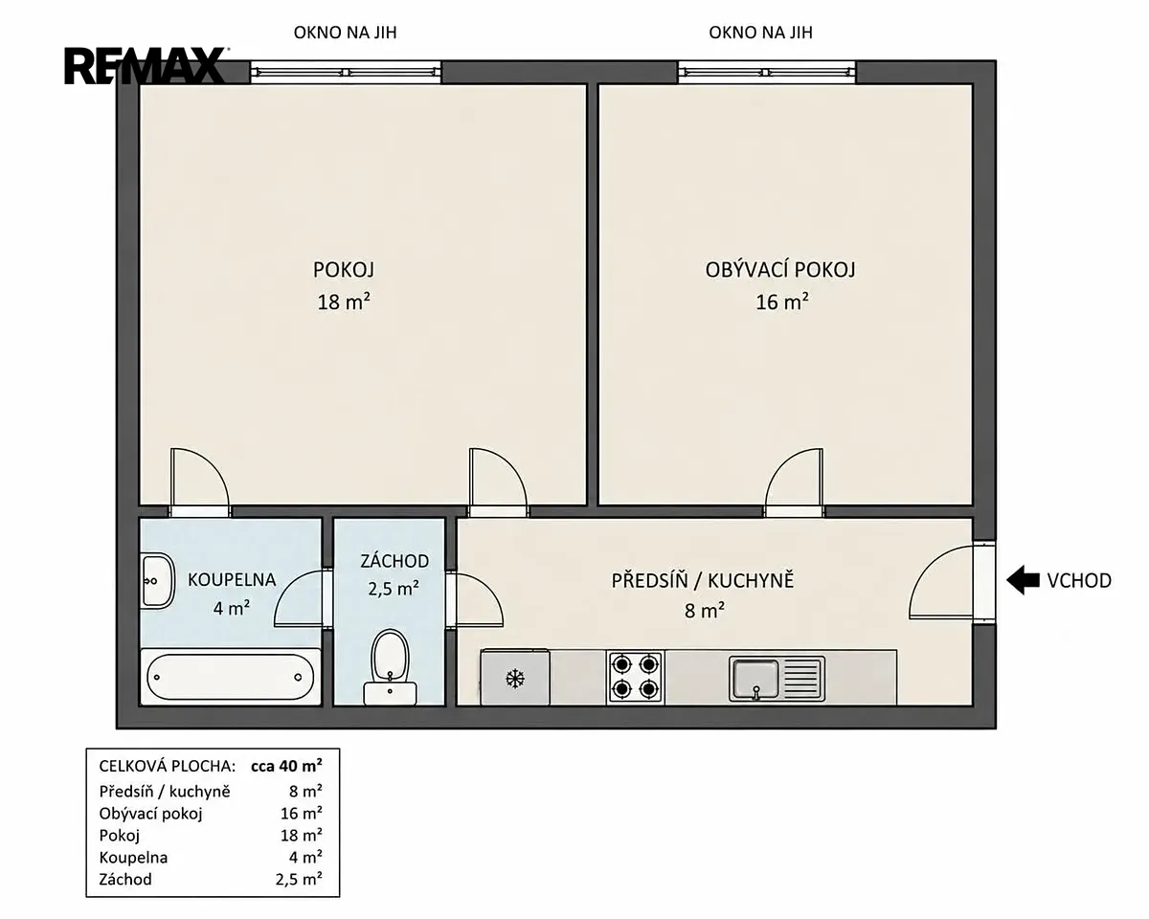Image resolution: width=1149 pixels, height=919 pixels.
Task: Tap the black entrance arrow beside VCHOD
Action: point(1023,580)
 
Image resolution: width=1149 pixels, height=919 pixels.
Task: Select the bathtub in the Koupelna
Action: point(230,677)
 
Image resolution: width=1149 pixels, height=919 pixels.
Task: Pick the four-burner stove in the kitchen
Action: point(636,678)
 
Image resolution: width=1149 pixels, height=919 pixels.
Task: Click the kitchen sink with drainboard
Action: point(777,679)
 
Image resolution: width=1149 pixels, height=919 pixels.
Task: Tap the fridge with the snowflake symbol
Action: point(515,677)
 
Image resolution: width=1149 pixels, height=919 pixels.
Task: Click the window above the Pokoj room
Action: point(346,72)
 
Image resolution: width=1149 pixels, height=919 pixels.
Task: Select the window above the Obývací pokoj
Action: point(767,72)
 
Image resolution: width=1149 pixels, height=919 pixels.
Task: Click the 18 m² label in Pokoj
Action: point(344,302)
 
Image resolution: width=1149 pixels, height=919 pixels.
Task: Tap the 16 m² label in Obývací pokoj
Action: point(781,302)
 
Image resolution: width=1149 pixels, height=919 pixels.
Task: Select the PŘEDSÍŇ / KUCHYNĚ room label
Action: point(703,580)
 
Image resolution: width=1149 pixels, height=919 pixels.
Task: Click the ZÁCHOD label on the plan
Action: point(394,561)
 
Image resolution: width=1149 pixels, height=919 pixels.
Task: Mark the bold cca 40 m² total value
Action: point(286,766)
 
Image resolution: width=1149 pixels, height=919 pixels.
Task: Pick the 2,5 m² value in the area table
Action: point(299,879)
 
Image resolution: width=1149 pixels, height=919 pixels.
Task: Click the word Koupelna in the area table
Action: point(133,857)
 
